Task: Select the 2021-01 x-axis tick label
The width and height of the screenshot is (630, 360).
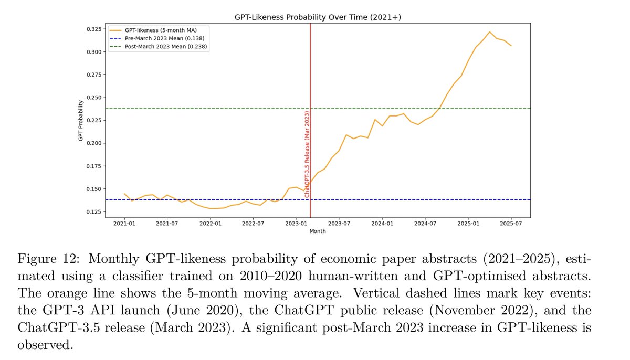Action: coord(124,223)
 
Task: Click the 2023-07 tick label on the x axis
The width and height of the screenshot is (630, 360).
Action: coord(339,223)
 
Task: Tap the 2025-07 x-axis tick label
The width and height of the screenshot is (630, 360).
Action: coord(511,223)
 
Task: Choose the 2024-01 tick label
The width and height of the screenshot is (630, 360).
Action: coord(382,223)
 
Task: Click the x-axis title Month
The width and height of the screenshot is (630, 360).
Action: coord(317,231)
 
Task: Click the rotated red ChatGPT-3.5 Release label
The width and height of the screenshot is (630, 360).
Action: coord(307,153)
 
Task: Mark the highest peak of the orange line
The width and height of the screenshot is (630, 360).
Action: coord(489,32)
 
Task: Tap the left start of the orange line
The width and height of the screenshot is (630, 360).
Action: coord(124,194)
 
